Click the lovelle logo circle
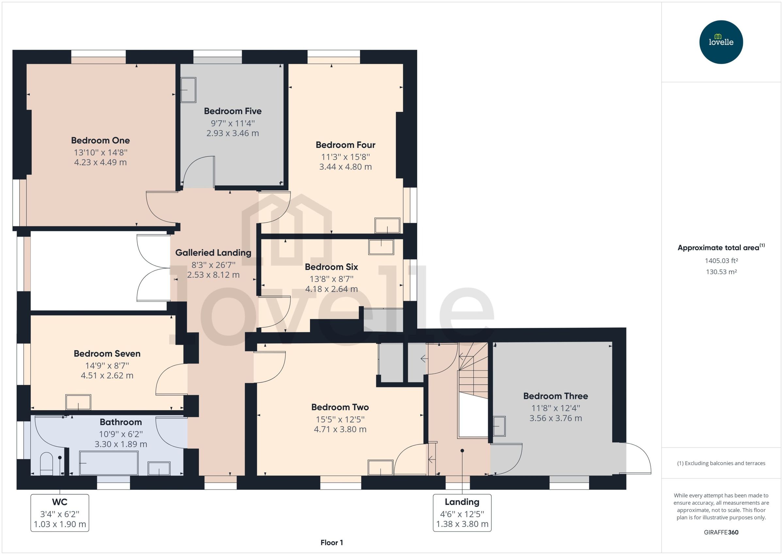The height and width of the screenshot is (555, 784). (x=721, y=42)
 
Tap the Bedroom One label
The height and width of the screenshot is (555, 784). (x=101, y=140)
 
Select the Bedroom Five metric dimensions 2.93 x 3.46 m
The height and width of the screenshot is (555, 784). (x=232, y=133)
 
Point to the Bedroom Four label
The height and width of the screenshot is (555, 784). (x=346, y=145)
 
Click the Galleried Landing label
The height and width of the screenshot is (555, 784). (x=213, y=253)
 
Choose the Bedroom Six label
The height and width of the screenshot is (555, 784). (x=332, y=267)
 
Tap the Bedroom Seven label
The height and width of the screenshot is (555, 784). (x=107, y=354)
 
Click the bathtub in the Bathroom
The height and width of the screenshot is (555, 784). (x=109, y=463)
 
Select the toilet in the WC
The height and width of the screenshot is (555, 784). (x=46, y=464)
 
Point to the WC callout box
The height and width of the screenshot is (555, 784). (x=60, y=513)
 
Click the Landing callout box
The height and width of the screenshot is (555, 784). (x=462, y=513)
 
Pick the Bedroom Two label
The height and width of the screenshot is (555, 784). (x=340, y=407)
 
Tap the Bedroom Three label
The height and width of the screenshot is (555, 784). (x=556, y=396)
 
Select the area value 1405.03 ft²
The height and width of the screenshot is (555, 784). (x=721, y=261)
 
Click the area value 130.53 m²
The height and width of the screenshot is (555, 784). (x=721, y=272)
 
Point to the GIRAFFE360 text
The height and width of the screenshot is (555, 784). (x=721, y=532)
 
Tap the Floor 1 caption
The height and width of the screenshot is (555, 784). (x=332, y=543)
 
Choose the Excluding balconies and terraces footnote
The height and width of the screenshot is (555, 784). (x=721, y=464)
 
